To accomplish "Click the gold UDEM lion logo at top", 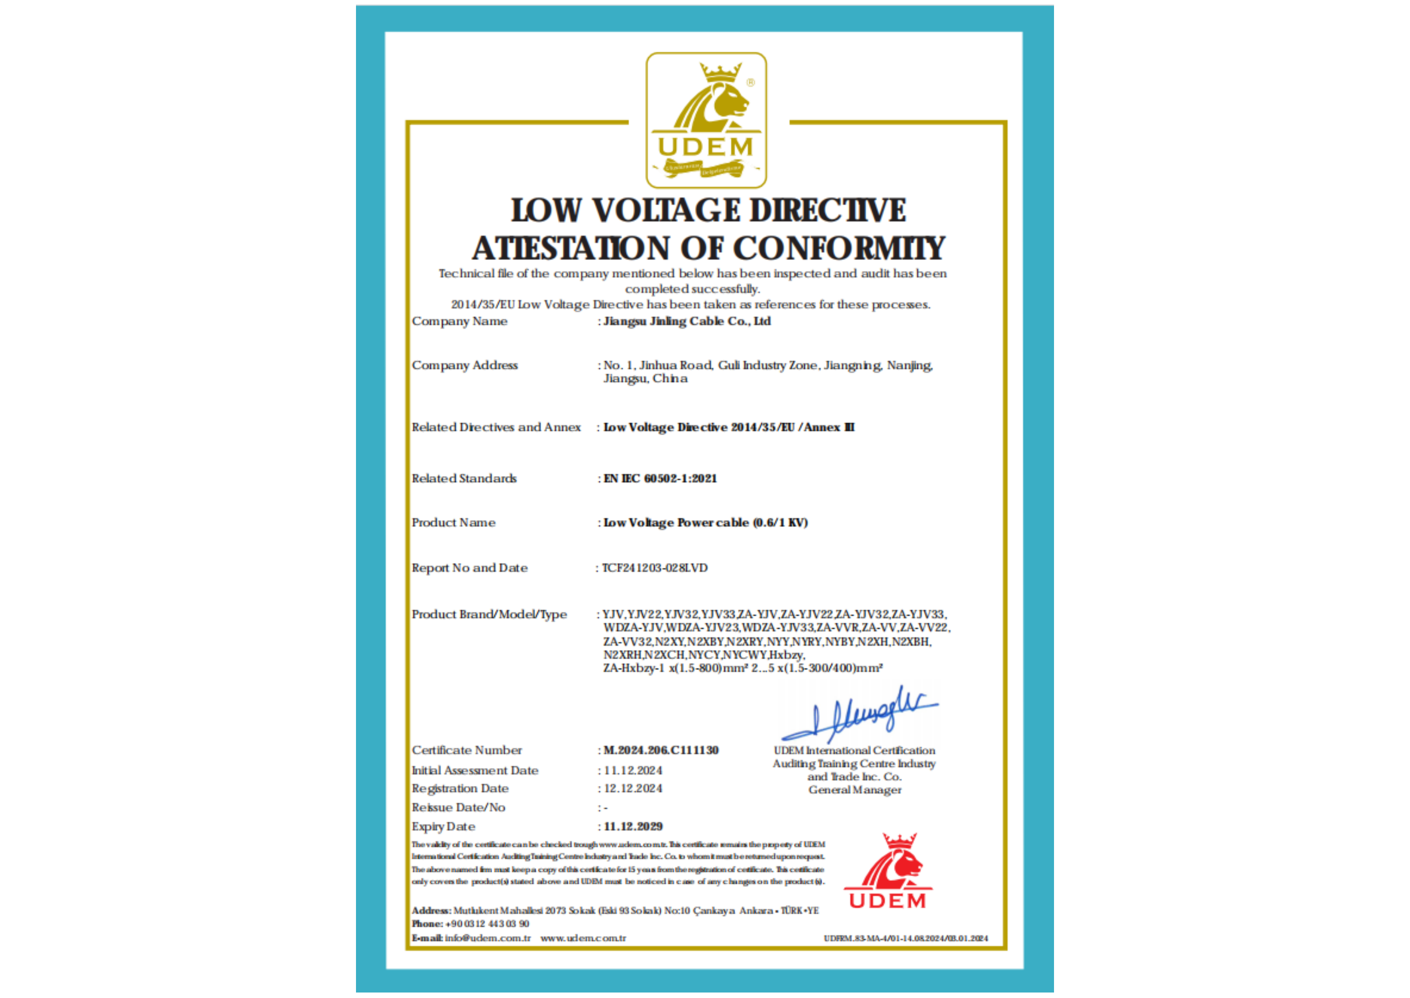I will [x=705, y=120].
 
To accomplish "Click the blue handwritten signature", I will [x=860, y=715].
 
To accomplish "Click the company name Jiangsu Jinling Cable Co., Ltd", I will [x=687, y=321].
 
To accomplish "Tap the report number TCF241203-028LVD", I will [x=655, y=568].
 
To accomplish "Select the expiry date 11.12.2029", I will [x=633, y=826].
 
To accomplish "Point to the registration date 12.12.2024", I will [x=633, y=788].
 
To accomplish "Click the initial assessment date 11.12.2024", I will [x=633, y=770].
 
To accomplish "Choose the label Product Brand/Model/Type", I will [x=489, y=615].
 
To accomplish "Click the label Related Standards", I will [x=464, y=479].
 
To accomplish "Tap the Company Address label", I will [x=464, y=366].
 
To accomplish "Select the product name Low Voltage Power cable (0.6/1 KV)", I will [x=705, y=523].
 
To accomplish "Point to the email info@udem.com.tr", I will [x=488, y=939].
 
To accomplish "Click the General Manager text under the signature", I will [x=855, y=790].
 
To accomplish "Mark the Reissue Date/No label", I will [x=458, y=807].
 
